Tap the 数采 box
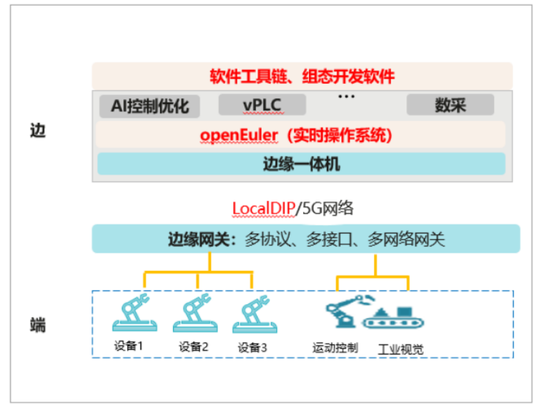click(x=450, y=105)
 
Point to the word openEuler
click(x=238, y=134)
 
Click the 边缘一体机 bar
click(x=301, y=164)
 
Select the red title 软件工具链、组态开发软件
click(x=302, y=76)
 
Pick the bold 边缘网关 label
click(x=199, y=240)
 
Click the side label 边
click(x=37, y=130)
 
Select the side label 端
click(x=37, y=323)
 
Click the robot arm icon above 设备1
click(x=135, y=314)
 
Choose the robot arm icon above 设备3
click(x=255, y=314)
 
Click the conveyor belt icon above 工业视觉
click(x=393, y=317)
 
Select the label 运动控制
click(x=335, y=347)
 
